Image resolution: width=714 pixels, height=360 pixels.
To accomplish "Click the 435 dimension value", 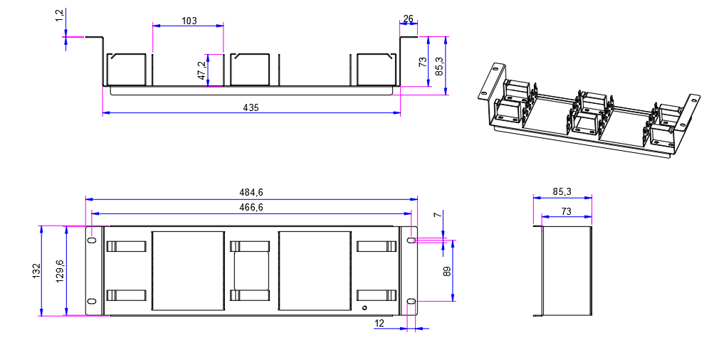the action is click(x=251, y=108).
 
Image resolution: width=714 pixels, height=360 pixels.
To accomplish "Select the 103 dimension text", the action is click(x=189, y=21).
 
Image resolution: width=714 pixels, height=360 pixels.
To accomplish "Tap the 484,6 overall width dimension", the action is click(x=251, y=193).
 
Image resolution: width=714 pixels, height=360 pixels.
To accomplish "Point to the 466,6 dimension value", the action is click(x=251, y=208).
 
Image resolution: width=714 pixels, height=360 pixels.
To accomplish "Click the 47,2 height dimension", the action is click(x=201, y=70).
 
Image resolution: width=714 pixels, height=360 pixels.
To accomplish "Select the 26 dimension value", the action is click(x=409, y=18).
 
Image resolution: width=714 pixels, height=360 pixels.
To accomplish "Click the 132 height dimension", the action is click(x=37, y=271).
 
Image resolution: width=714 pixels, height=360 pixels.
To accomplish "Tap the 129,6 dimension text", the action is click(x=60, y=272).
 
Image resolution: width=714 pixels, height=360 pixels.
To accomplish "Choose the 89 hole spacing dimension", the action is click(x=447, y=271).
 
